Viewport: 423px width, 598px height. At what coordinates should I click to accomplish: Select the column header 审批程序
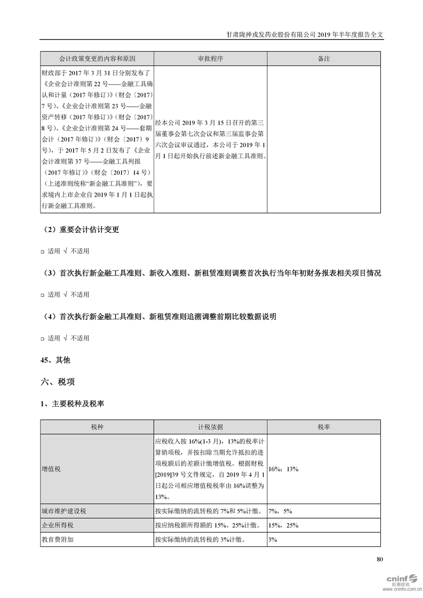click(210, 58)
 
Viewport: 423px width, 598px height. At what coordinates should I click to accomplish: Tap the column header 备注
click(323, 58)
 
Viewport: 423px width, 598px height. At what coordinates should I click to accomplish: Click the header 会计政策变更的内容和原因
click(97, 58)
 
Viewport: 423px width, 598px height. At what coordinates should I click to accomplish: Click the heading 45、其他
click(55, 360)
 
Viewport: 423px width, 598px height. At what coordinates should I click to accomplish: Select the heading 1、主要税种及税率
click(72, 404)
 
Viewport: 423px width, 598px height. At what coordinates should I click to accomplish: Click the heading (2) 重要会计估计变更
click(81, 230)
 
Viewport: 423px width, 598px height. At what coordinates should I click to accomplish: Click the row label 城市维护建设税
click(64, 511)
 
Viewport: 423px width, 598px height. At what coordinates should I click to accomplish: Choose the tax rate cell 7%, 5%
click(281, 511)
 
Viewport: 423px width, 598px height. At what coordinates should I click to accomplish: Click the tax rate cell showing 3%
click(273, 539)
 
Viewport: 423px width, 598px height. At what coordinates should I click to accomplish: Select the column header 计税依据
click(210, 427)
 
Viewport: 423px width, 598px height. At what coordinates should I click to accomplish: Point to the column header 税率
click(323, 427)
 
